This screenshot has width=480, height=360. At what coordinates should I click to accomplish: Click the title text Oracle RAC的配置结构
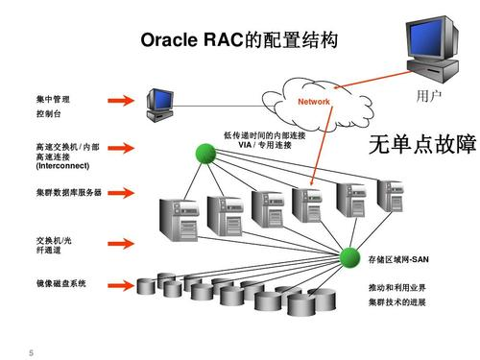[x=239, y=41]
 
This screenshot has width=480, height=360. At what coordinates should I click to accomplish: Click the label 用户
[x=428, y=98]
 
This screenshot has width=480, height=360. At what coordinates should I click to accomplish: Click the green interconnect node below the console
[x=204, y=153]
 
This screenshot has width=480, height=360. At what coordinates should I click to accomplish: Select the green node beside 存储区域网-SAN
[x=349, y=258]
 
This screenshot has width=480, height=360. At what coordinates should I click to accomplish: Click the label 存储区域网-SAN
[x=402, y=259]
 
